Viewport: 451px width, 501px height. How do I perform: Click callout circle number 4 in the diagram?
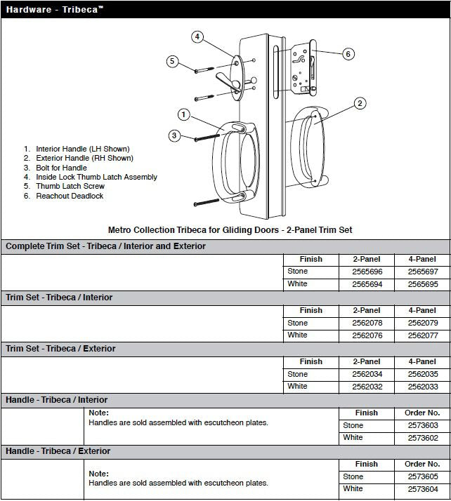coord(198,36)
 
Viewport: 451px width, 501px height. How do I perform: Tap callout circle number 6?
coord(348,54)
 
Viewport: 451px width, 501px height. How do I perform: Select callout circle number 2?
coord(360,104)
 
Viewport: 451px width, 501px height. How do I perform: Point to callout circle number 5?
coord(171,61)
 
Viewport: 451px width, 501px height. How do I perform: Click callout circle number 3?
coord(175,135)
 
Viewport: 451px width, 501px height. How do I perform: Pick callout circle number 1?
coord(183,114)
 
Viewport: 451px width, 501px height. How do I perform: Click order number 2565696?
coord(366,272)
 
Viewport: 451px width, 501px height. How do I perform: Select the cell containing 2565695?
coord(421,284)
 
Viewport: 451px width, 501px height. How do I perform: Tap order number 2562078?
coord(366,323)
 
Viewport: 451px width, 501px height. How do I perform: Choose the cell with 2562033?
coord(421,386)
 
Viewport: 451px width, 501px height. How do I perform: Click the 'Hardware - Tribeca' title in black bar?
coord(54,10)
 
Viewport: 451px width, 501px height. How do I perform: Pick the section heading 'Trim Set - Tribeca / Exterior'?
coord(60,349)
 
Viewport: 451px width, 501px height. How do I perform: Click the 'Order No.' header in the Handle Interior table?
coord(421,413)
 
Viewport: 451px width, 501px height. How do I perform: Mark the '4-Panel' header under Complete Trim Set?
coord(421,259)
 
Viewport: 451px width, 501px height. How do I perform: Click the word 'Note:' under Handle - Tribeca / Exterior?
coord(98,474)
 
